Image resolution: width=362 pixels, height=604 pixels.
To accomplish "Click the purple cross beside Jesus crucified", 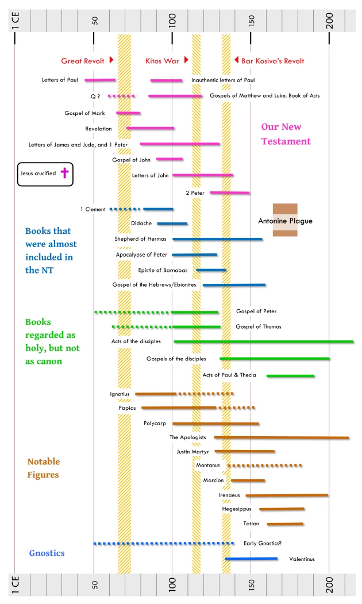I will pos(64,174).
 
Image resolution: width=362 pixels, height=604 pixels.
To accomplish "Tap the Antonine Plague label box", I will pos(285,220).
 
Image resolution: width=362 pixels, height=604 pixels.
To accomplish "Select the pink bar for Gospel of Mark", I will pos(128,113).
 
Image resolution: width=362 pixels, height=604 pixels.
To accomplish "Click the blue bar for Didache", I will pos(172,223).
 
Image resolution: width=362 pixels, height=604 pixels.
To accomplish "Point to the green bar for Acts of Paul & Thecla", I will pos(290,375).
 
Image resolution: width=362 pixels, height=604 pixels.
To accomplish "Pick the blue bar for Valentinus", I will pos(251,558).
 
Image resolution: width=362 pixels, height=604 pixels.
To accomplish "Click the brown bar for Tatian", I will pos(284,524).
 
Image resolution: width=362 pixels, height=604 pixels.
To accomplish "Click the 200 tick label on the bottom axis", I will pos(330,584).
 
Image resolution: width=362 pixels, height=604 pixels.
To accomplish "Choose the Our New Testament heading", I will pos(286,134).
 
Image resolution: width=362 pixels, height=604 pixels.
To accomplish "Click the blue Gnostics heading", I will pos(47,553).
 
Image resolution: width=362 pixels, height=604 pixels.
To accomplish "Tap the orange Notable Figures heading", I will pos(44,468).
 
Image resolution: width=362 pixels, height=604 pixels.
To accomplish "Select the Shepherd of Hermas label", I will pos(140,238).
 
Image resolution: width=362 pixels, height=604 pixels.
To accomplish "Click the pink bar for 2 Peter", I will pos(230,193).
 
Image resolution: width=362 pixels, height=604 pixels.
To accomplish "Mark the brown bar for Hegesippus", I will pos(282,509).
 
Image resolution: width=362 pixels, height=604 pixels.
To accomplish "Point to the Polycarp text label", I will pos(155,424).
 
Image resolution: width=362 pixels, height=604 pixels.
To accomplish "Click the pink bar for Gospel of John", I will pos(170,159).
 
